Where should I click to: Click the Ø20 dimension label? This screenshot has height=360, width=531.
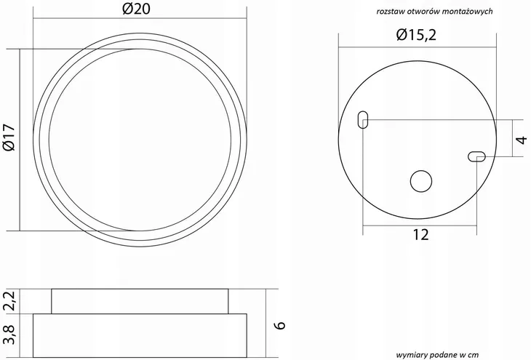click(x=136, y=9)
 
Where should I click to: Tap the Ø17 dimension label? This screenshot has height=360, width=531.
click(x=9, y=137)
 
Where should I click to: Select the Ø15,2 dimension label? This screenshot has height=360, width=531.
click(x=416, y=35)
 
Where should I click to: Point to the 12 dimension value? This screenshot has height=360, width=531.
click(x=420, y=235)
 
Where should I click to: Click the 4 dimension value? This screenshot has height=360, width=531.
click(x=522, y=139)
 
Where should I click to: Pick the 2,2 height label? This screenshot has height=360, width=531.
click(x=10, y=301)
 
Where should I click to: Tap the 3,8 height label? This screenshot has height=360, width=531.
click(x=10, y=335)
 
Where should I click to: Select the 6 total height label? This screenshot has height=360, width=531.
click(x=280, y=325)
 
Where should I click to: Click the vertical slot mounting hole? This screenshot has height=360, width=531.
click(x=363, y=119)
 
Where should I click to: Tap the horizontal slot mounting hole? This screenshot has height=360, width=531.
click(x=477, y=156)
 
